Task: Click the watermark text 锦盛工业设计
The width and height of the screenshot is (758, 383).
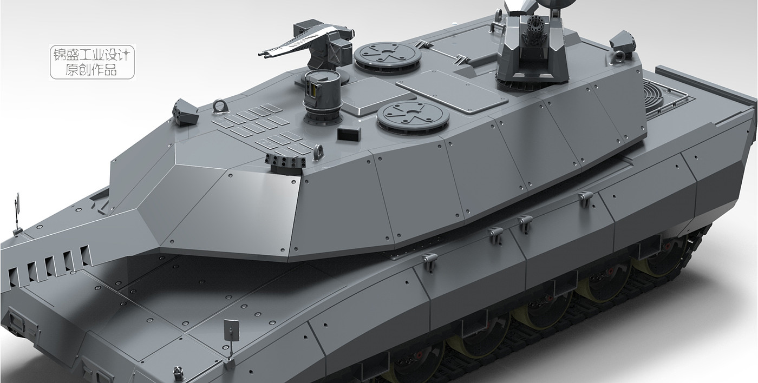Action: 92,54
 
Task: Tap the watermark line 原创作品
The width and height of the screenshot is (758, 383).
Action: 91,69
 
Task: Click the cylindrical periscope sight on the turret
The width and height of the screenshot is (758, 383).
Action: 321,96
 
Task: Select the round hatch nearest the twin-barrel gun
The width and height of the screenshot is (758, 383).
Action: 387,56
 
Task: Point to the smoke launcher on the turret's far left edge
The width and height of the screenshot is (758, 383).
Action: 184,111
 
